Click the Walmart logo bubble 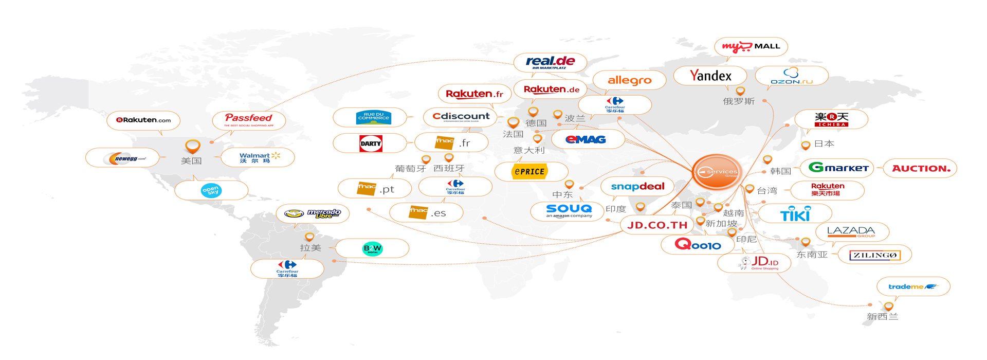(258, 157)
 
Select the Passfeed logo (249, 120)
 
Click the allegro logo (629, 80)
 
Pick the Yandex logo (710, 76)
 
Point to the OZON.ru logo (792, 76)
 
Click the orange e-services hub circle (717, 172)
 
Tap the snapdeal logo (637, 187)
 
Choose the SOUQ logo (569, 210)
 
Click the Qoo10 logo (698, 245)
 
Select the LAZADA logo (851, 232)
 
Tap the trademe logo (913, 286)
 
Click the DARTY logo (371, 143)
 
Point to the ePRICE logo (530, 172)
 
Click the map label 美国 (191, 161)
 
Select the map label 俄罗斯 (739, 101)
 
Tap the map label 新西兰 (882, 317)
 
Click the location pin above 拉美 (309, 237)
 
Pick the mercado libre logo (313, 213)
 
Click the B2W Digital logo (373, 248)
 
